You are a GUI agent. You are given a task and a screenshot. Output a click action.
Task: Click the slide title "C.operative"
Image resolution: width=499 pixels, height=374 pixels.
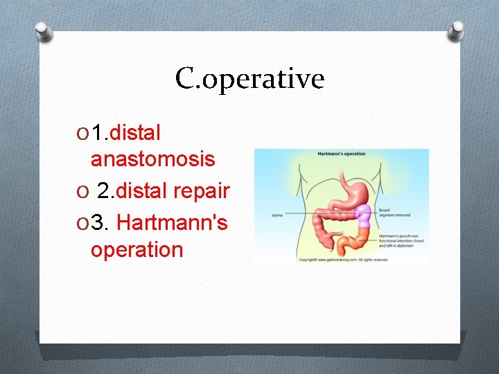point(249,79)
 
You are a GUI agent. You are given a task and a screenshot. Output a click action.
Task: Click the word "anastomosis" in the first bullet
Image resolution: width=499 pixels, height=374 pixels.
point(152,159)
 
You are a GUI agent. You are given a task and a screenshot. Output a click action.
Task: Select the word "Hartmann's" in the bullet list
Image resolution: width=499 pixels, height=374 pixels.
point(172,222)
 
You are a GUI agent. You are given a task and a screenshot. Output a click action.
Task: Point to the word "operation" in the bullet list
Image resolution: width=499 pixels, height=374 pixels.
point(137,249)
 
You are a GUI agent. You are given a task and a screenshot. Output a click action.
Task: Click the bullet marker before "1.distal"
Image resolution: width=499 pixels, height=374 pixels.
point(83,132)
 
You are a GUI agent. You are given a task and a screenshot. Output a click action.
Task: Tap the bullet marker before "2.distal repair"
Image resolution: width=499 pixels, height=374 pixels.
point(83,190)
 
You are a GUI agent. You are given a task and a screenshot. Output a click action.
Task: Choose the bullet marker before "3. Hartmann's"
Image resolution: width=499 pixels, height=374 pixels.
point(83,223)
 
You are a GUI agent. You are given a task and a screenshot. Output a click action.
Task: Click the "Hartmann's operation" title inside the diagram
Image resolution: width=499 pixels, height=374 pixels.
point(341,154)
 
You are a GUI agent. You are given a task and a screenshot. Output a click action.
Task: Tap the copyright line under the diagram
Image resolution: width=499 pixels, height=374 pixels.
point(343,260)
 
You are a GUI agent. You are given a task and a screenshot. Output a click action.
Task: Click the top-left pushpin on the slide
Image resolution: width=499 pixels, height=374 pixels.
point(43,31)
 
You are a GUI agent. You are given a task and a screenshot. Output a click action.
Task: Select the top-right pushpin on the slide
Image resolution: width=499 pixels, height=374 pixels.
point(456,30)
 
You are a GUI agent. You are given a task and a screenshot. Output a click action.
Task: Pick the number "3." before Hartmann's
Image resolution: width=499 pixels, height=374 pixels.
point(101,223)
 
